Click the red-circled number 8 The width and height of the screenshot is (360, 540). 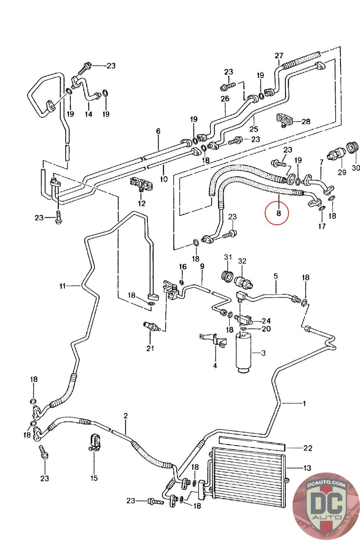pos(278,213)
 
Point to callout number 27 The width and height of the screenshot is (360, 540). pos(279,56)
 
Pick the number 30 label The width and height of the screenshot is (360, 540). pos(356,167)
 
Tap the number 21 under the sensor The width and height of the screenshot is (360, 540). pos(150,348)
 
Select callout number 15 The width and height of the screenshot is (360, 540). pos(94,478)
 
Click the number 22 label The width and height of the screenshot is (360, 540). pos(308,448)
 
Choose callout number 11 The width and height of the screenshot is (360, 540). pos(62,286)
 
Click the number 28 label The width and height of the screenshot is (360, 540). pos(306,122)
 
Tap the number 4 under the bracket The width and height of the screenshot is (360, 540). pos(215,366)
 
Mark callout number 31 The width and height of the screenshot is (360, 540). pos(228,258)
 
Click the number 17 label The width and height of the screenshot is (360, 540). pos(322,226)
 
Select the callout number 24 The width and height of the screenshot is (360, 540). pos(266,321)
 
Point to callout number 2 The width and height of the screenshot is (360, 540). pos(126,416)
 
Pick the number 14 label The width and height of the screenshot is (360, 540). pos(88,114)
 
